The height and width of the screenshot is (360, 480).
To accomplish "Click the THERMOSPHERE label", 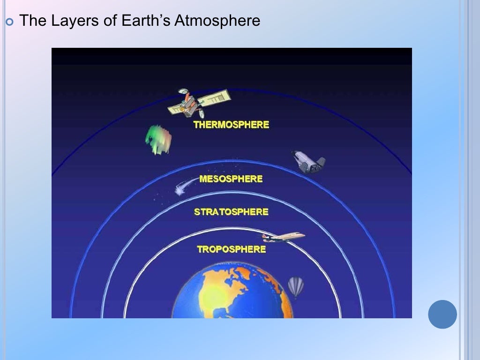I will (231, 125).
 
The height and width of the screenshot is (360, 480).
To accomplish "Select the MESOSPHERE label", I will (231, 179).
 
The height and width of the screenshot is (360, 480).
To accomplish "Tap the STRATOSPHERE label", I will (231, 212).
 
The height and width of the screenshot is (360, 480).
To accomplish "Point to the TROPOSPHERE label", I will (231, 249).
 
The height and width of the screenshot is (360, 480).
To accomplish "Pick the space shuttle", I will (308, 161).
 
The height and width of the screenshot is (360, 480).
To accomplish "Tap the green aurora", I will (158, 139).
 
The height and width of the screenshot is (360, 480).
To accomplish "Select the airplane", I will (283, 237).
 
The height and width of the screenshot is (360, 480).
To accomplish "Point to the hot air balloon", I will (296, 286).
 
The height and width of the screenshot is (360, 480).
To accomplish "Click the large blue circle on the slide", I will (442, 314).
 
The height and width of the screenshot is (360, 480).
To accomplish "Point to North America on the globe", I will (220, 286).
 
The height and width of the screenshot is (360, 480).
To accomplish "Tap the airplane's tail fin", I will (265, 236).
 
